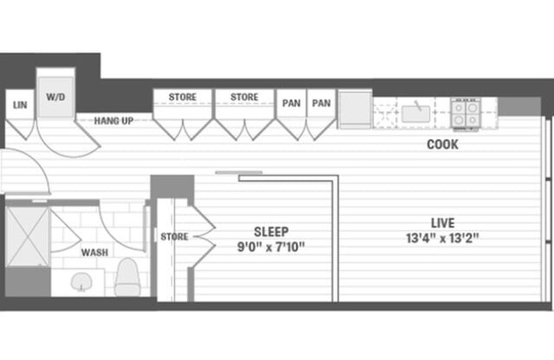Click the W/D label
pyautogui.click(x=55, y=97)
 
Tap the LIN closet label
pyautogui.click(x=19, y=105)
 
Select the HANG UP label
pyautogui.click(x=114, y=120)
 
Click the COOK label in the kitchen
pyautogui.click(x=442, y=145)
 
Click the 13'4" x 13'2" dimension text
pyautogui.click(x=442, y=238)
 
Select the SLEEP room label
pyautogui.click(x=271, y=232)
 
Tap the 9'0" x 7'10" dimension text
pyautogui.click(x=271, y=247)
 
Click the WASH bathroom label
pyautogui.click(x=94, y=253)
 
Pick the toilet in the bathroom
pyautogui.click(x=127, y=276)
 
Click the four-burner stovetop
pyautogui.click(x=467, y=112)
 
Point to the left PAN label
pyautogui.click(x=291, y=103)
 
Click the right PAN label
pyautogui.click(x=321, y=103)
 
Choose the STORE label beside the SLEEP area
pyautogui.click(x=174, y=236)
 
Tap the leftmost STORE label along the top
pyautogui.click(x=183, y=97)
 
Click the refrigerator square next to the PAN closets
pyautogui.click(x=355, y=109)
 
